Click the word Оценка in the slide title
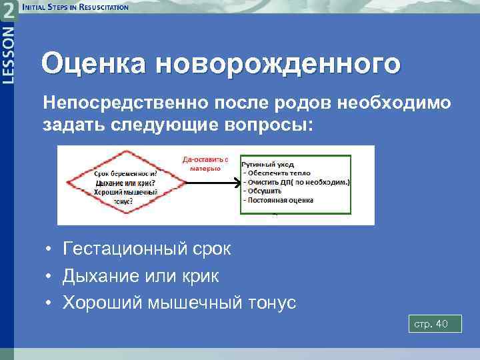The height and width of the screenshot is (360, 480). coord(93,65)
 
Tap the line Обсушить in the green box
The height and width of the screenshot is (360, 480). coord(263,191)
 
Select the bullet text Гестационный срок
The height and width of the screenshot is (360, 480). coord(147,249)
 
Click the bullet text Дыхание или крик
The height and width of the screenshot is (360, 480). coord(141,275)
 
